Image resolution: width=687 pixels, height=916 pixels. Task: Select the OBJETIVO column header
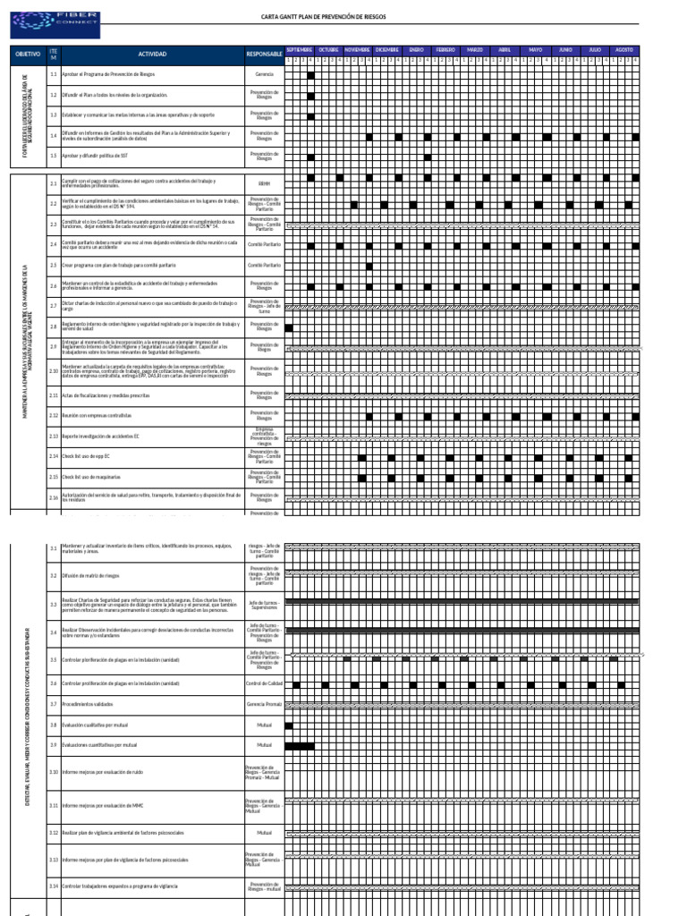(28, 55)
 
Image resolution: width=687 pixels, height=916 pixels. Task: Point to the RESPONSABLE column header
(264, 55)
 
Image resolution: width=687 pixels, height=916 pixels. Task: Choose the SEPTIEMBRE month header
(299, 49)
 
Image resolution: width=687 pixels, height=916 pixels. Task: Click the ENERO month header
(417, 49)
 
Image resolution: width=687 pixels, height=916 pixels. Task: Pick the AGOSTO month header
(624, 49)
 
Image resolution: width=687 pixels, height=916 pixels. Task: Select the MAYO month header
(535, 49)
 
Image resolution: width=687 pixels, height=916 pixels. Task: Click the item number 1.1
(54, 74)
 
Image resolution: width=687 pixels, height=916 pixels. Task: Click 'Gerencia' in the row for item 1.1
(264, 74)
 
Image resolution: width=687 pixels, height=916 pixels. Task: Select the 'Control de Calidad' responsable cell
(264, 684)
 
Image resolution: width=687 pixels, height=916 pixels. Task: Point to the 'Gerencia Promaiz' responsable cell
(264, 705)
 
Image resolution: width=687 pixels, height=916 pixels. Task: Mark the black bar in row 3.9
(299, 745)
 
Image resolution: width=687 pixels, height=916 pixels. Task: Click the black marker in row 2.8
(289, 327)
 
